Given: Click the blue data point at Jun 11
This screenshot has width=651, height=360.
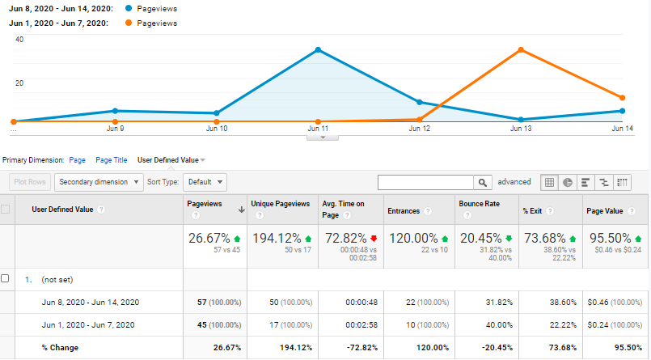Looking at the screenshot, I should pyautogui.click(x=319, y=50).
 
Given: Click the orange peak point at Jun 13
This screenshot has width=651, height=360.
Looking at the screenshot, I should pyautogui.click(x=521, y=50).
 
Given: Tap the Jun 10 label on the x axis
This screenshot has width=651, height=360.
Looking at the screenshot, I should pyautogui.click(x=217, y=129).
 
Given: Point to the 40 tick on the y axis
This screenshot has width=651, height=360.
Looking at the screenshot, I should pyautogui.click(x=19, y=39).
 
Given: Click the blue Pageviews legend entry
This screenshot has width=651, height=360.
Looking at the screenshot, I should pyautogui.click(x=159, y=7).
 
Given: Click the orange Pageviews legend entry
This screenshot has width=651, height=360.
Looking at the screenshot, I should pyautogui.click(x=159, y=23).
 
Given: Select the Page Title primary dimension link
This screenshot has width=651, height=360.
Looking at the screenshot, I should pyautogui.click(x=111, y=160).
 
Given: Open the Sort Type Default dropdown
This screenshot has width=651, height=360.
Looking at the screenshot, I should pyautogui.click(x=204, y=182).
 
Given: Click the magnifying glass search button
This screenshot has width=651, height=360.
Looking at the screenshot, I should pyautogui.click(x=483, y=182).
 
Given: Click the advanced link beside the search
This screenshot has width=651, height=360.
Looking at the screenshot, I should pyautogui.click(x=514, y=182).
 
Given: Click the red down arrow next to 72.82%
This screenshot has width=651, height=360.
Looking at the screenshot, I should pyautogui.click(x=374, y=239).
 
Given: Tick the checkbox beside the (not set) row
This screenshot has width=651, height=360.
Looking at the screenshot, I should pyautogui.click(x=6, y=278).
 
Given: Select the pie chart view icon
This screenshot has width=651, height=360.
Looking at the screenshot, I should pyautogui.click(x=567, y=182).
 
